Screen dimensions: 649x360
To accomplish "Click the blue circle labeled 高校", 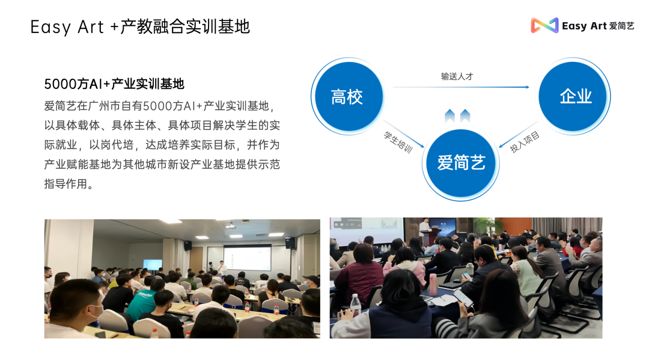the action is point(349,96).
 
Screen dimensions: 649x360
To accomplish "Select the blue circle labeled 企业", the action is point(573,96).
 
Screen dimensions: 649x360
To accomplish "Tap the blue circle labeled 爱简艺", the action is point(461,163).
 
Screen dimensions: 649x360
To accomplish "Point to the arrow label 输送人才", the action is point(457,76).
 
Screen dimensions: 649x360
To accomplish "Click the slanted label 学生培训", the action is point(398,142).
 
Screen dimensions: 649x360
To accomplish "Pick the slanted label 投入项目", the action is point(525,142).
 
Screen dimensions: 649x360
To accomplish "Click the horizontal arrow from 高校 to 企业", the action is point(461,87).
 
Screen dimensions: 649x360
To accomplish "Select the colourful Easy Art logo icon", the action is point(544,25).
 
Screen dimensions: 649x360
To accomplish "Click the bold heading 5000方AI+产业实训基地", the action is point(114,84).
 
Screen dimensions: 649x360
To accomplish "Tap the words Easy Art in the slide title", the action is point(67,27).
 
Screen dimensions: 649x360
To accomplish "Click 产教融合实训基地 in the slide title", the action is point(185,26).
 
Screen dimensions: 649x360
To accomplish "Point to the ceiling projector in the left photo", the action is point(231,226).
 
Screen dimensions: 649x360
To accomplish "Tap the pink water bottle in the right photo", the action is point(433,284).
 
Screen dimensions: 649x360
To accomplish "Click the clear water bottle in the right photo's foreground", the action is point(356,305).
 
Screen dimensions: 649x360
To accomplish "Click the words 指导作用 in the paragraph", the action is point(66,184).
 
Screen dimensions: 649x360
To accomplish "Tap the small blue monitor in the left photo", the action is point(153,264).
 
